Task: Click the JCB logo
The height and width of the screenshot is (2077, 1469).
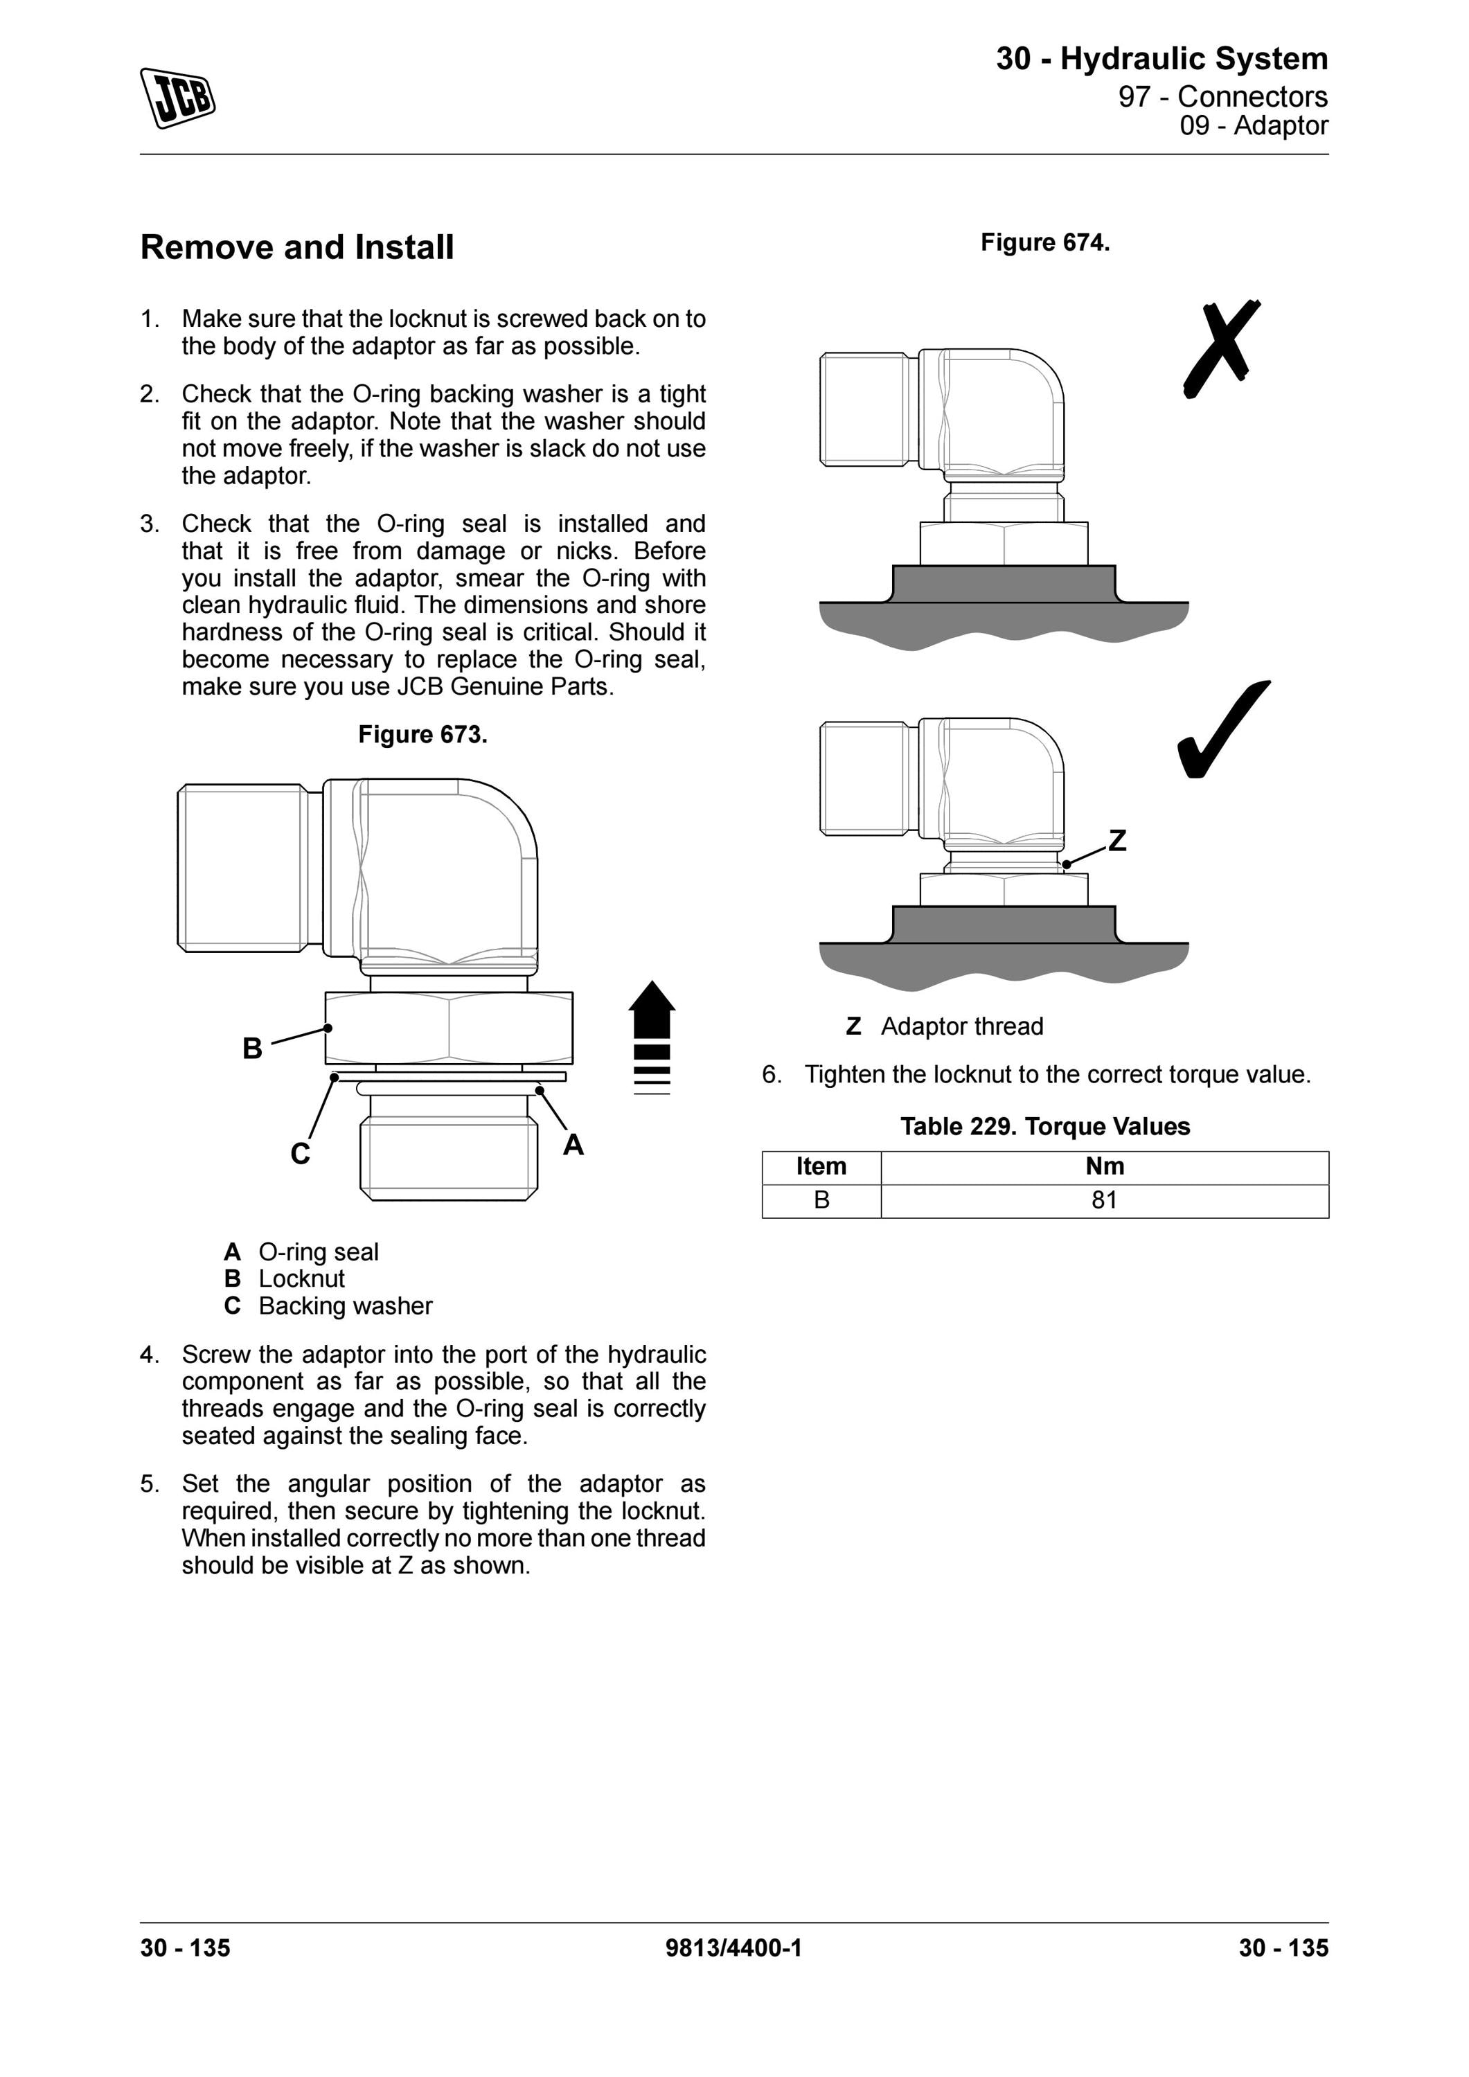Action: click(177, 98)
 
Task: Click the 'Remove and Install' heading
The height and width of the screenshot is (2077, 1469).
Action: click(296, 247)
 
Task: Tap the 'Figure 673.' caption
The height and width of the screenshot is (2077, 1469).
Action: click(422, 735)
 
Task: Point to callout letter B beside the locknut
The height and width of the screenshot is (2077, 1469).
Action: click(252, 1049)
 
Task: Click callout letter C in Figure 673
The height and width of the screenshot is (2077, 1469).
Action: click(301, 1153)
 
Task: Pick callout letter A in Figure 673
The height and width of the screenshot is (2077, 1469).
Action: click(573, 1146)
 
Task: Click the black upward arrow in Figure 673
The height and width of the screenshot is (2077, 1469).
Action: click(652, 1037)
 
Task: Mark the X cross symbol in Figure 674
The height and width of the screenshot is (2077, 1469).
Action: click(1221, 349)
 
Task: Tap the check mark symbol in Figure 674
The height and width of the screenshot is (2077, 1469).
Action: click(1223, 729)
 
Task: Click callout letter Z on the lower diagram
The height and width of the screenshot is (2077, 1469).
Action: click(1118, 840)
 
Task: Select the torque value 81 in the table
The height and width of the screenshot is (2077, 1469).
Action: click(1105, 1200)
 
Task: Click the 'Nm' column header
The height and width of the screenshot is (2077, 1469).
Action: click(1105, 1167)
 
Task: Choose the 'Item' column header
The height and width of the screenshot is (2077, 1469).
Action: click(821, 1167)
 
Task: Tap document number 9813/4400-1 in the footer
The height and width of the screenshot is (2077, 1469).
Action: click(733, 1947)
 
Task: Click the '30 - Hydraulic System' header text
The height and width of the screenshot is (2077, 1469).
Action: click(1162, 59)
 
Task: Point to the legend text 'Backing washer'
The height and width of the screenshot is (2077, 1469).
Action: click(346, 1306)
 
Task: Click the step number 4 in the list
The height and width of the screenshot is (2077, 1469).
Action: click(149, 1355)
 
